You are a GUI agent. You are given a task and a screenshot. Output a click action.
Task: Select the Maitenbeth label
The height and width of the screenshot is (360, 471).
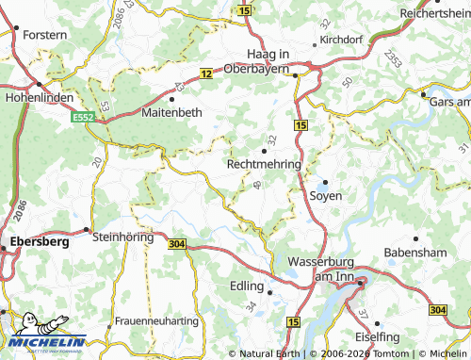tap(171, 111)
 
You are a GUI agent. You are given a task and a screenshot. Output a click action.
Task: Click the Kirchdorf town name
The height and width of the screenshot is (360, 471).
tap(341, 41)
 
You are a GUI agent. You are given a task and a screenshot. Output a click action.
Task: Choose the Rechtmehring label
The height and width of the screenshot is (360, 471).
tap(264, 163)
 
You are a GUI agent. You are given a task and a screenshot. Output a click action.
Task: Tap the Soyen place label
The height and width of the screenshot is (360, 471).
tap(326, 195)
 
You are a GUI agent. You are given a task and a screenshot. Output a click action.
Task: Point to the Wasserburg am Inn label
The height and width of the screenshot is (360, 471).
tap(317, 267)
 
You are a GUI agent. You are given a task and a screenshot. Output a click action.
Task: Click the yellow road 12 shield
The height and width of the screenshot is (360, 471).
tap(204, 74)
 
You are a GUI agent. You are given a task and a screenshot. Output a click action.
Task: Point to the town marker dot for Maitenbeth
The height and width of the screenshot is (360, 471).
tap(171, 98)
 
